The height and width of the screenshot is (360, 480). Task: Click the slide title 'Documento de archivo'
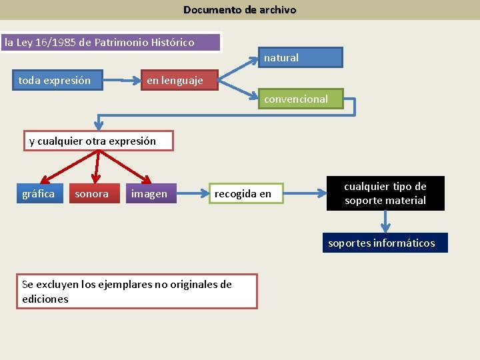[x=240, y=10]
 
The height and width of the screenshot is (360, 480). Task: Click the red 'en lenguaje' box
[x=175, y=81]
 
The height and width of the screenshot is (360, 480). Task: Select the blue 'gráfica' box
[x=39, y=193]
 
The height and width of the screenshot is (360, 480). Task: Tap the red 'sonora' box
[x=93, y=193]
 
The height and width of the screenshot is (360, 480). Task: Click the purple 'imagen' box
[x=151, y=193]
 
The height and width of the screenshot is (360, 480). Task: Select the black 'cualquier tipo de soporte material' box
[x=385, y=193]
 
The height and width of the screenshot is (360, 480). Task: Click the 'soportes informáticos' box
[x=382, y=243]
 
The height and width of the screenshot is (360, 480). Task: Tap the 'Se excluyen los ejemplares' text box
[x=137, y=291]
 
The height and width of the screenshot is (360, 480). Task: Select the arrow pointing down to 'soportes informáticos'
[x=385, y=221]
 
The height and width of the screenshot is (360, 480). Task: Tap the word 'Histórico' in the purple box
[x=172, y=43]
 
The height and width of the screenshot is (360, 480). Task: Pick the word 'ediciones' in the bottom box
[x=45, y=299]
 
